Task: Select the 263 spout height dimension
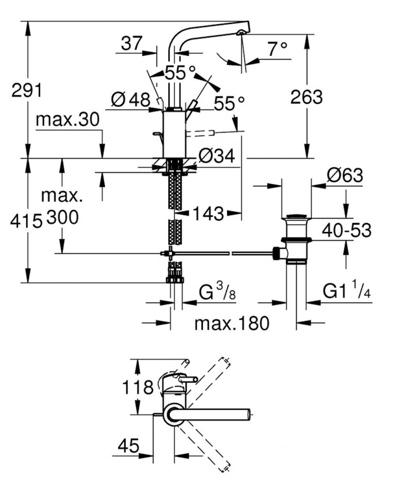point(307,97)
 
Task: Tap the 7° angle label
point(277,48)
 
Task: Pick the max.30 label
point(67,119)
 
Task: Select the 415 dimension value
point(26,222)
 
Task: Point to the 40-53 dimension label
point(347,229)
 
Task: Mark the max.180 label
point(232,323)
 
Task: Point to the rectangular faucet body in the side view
point(174,133)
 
